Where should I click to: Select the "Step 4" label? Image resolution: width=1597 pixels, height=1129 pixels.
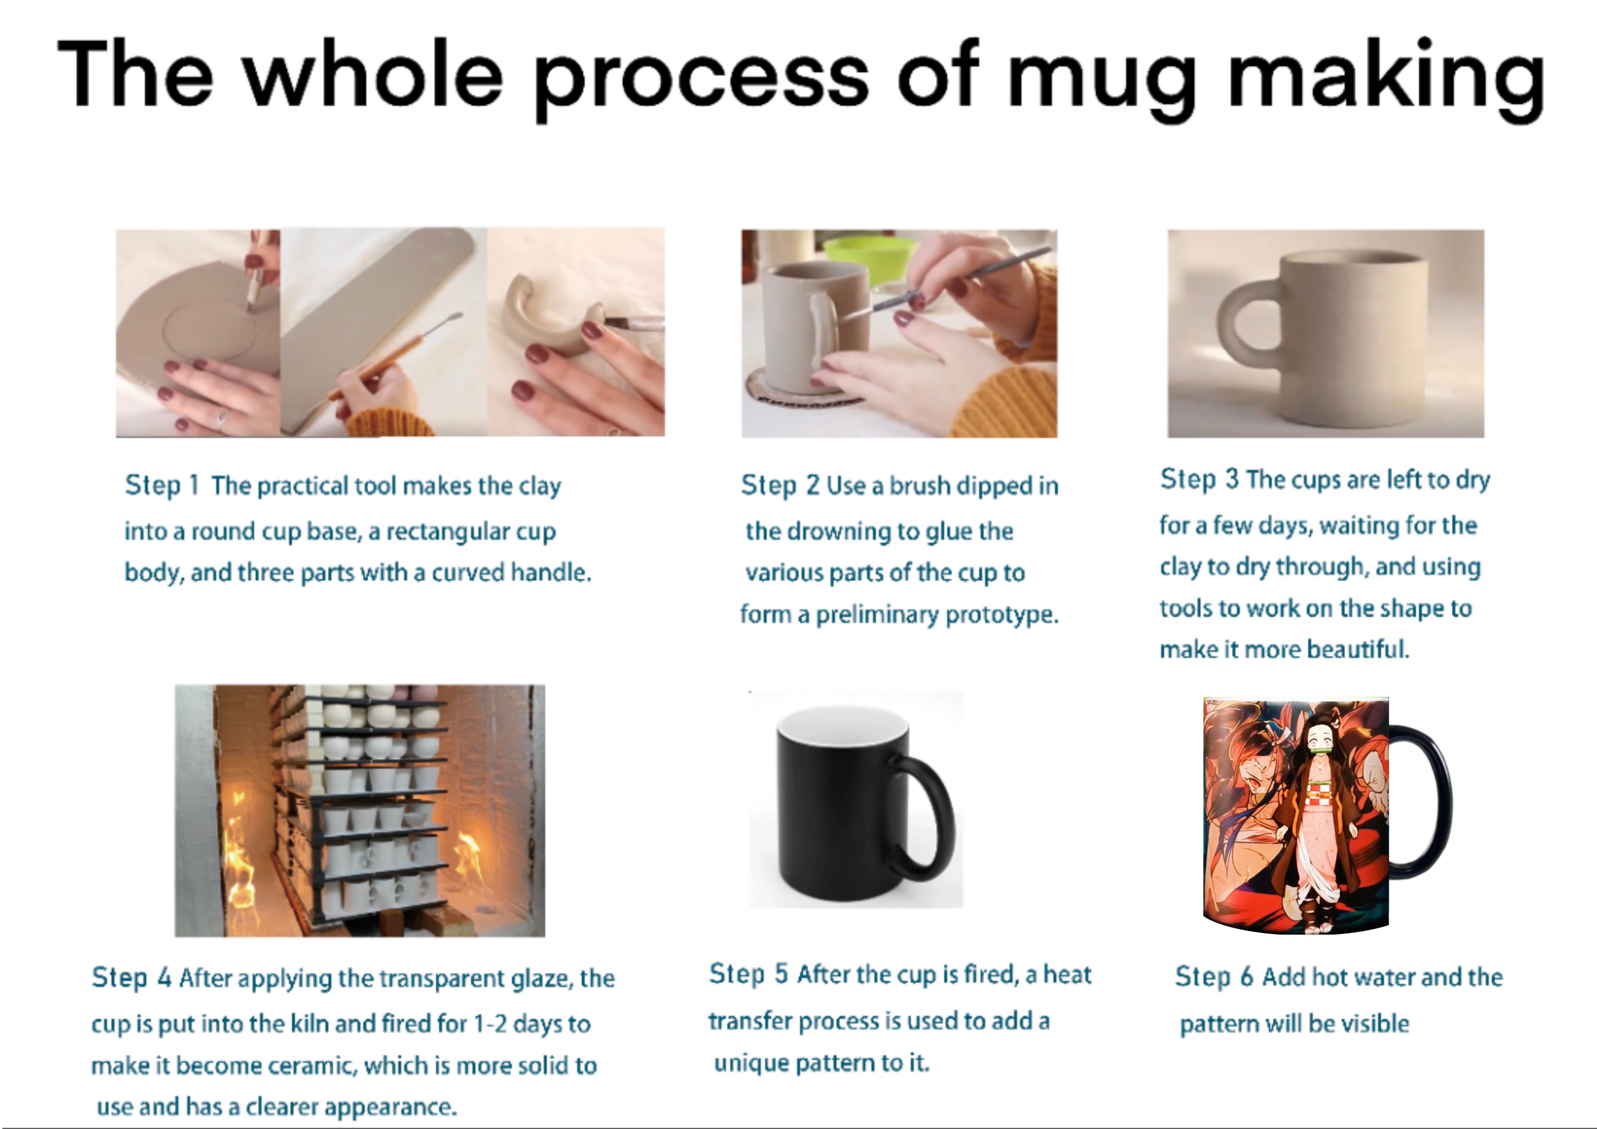132,978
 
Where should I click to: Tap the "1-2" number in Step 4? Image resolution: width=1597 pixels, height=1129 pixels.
490,1024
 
